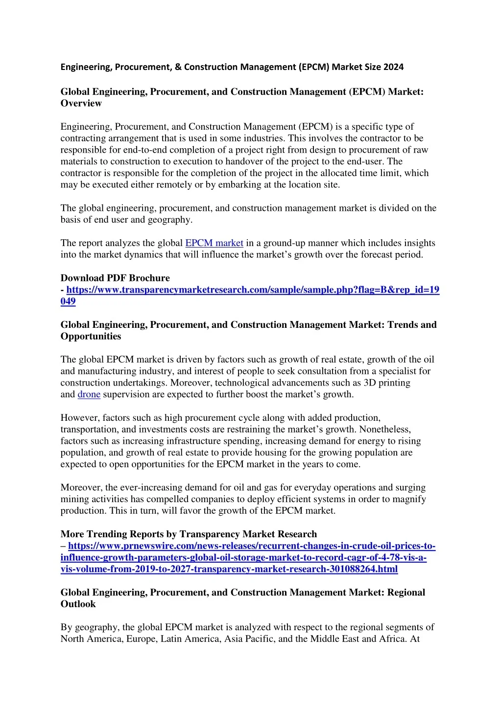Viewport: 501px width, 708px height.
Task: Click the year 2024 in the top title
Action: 393,67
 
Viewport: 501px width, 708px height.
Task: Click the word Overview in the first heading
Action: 81,103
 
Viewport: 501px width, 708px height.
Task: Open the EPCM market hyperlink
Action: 214,243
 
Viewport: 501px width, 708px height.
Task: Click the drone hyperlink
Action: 89,394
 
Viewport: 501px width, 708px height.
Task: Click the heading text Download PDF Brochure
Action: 115,278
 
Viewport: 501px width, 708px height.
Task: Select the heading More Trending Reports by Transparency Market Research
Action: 189,534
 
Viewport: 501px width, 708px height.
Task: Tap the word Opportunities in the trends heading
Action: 91,336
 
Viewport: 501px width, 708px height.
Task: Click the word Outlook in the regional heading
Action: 78,604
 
